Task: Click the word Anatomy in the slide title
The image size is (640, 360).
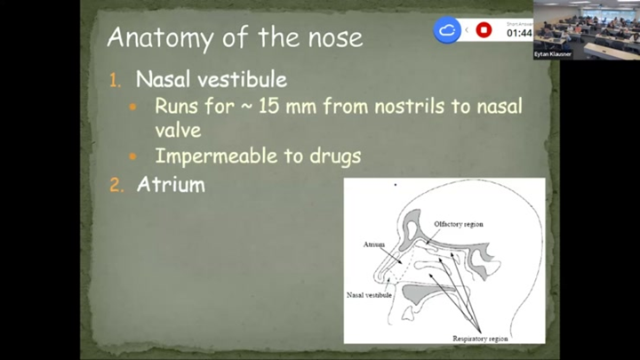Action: point(149,38)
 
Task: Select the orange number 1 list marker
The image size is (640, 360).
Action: point(114,81)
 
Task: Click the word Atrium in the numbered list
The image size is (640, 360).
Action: point(171,185)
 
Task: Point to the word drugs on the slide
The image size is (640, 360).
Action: point(330,156)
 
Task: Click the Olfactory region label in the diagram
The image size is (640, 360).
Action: point(459,224)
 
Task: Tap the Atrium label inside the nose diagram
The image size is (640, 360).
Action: point(374,243)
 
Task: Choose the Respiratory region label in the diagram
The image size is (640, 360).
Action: point(481,339)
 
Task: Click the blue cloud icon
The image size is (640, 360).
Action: point(447,30)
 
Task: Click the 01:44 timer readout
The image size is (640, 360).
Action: point(519,33)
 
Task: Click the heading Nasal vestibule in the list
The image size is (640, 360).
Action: point(211,80)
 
